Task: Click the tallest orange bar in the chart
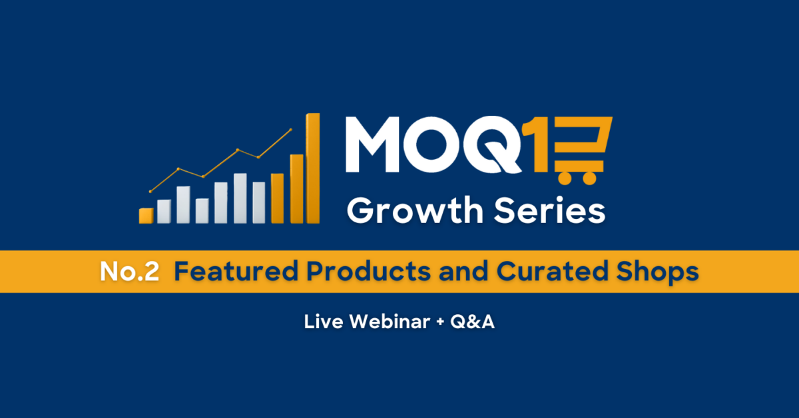pos(313,168)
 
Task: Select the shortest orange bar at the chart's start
pos(146,216)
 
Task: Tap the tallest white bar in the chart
pos(240,198)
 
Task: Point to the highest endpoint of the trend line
pos(291,130)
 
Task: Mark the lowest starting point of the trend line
pos(150,192)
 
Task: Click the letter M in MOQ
pos(372,144)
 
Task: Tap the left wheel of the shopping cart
pos(565,178)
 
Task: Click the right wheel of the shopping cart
pos(589,178)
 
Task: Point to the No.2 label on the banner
pos(129,272)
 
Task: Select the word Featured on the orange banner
pos(236,272)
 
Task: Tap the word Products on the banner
pos(368,272)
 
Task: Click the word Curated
pos(552,272)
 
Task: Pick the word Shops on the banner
pos(657,272)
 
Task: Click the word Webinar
pos(390,321)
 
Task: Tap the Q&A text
pos(472,321)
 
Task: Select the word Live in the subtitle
pos(324,321)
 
